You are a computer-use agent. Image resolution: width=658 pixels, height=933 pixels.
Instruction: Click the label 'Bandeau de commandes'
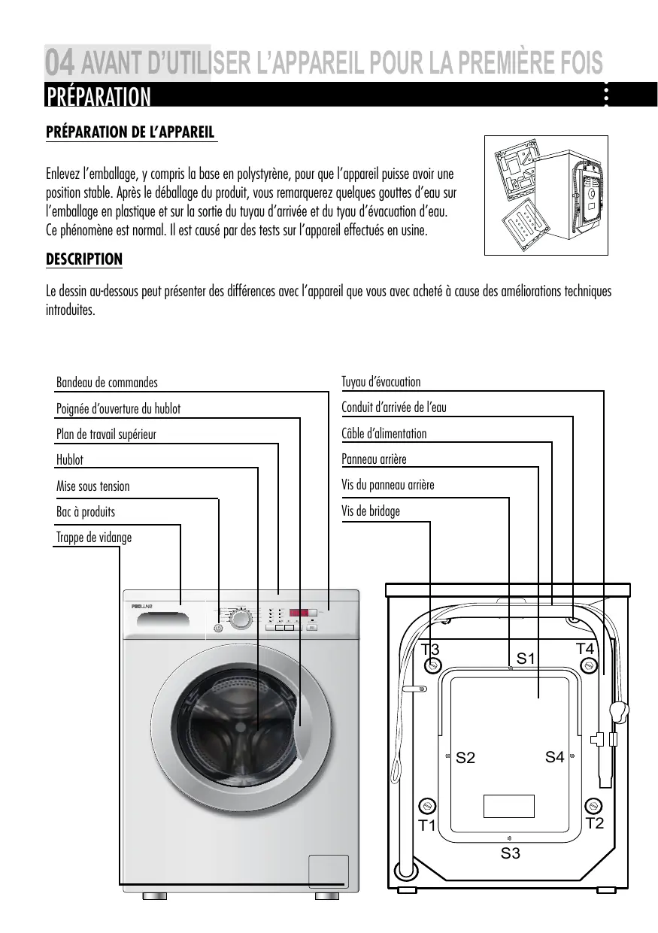(107, 383)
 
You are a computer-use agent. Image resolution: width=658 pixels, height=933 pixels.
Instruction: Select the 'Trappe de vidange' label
(94, 538)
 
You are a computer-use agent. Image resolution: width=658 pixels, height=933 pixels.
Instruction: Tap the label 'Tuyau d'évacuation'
(381, 382)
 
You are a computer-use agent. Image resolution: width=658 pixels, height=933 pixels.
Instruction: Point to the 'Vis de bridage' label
(371, 511)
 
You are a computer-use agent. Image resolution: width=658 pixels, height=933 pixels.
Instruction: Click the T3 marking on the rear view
(430, 649)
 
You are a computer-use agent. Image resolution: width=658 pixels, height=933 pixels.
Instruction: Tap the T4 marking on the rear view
(585, 647)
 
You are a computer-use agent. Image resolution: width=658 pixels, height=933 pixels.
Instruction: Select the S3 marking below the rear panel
(511, 853)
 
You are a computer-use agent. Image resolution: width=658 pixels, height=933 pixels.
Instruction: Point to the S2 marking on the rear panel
(465, 758)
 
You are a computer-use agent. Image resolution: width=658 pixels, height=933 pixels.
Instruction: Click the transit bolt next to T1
(428, 806)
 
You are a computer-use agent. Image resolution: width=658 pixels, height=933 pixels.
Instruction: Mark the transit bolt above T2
(593, 805)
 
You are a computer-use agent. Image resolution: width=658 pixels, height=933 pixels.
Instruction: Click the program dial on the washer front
(241, 620)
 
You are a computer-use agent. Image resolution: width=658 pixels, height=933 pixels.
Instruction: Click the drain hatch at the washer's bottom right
(328, 871)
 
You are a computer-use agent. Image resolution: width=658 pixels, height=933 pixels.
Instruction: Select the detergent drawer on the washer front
(158, 619)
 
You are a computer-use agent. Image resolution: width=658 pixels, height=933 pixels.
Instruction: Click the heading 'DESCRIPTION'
(84, 259)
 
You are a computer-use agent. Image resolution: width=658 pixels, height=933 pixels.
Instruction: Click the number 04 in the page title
(60, 62)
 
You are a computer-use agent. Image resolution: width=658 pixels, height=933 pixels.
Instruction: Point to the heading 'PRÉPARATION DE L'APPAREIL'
(132, 132)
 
